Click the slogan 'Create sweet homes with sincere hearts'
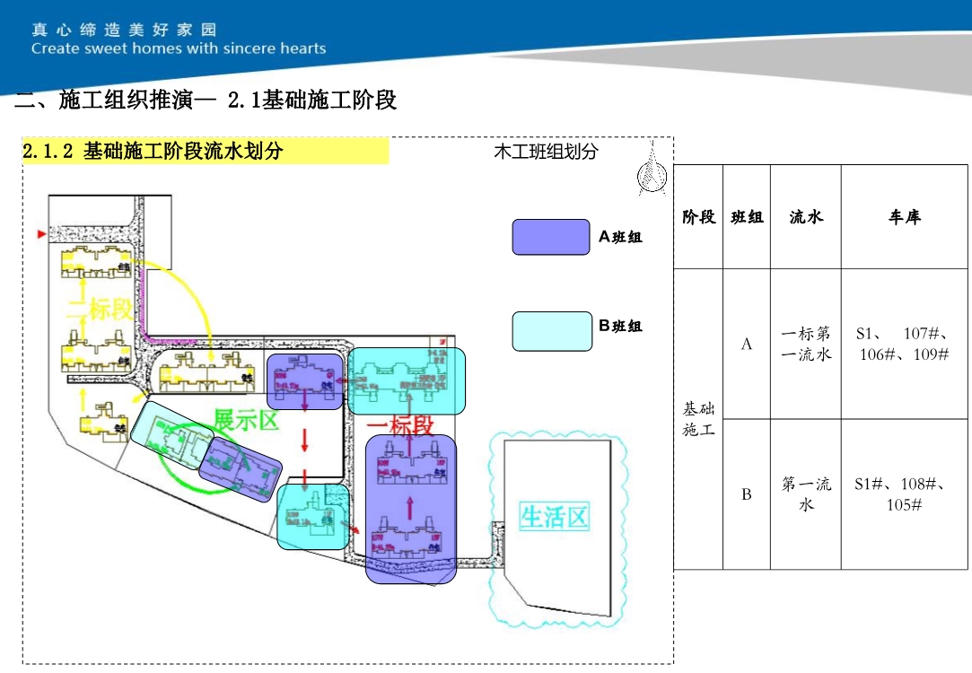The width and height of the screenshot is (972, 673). pos(179,48)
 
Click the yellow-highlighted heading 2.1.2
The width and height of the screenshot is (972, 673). pos(153,152)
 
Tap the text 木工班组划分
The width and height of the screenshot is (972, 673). pos(546,152)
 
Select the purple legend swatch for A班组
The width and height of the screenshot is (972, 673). pos(550,237)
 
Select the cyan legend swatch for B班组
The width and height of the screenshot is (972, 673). pos(551,331)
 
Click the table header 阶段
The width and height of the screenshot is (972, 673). pos(698,216)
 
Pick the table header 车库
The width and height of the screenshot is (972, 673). pos(904,216)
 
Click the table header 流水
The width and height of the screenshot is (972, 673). pos(805,216)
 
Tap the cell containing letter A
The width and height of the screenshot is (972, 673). pos(746,344)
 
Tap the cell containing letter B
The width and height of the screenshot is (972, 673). pos(746,494)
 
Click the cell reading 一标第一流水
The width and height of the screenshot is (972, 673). pos(805,344)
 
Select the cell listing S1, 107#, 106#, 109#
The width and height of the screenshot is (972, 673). pos(904,344)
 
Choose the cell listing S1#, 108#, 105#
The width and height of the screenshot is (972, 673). pos(904,494)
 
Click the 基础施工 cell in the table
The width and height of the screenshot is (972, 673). pos(698,419)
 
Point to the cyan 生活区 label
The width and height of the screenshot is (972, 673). pos(554,517)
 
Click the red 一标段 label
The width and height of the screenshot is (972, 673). pos(400,425)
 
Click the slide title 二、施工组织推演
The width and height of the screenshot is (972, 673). pos(206,101)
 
